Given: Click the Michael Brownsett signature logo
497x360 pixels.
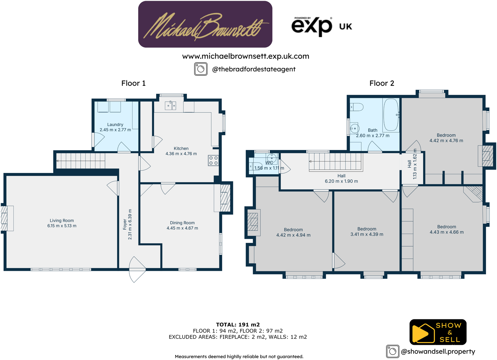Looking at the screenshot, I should click(x=205, y=25).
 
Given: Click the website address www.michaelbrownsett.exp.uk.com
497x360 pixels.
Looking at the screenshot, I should click(x=246, y=56).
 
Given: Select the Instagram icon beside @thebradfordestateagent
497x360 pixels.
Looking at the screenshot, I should click(x=201, y=69).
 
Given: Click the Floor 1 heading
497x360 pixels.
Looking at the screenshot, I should click(x=133, y=83).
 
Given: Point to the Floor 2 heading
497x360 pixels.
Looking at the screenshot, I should click(x=381, y=83).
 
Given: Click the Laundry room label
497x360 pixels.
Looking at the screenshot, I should click(x=115, y=125).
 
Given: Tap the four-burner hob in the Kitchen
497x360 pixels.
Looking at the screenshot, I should click(x=213, y=160).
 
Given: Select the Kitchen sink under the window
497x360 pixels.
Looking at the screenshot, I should click(x=170, y=105).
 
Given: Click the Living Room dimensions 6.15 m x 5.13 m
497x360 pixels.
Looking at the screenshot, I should click(x=62, y=226).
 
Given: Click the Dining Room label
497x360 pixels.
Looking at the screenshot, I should click(x=182, y=223).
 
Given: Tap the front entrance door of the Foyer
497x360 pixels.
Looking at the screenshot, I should click(x=137, y=270).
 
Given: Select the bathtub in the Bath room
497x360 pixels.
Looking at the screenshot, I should click(x=391, y=115).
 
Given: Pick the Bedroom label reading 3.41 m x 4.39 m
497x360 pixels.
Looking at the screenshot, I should click(x=367, y=231).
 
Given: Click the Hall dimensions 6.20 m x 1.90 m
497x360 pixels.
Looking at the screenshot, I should click(x=341, y=181).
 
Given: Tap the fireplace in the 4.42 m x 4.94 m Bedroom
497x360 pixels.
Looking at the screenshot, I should click(x=253, y=222).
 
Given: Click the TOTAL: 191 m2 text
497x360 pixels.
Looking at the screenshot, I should click(x=238, y=324).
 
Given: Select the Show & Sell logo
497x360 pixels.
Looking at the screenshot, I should click(x=438, y=332).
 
